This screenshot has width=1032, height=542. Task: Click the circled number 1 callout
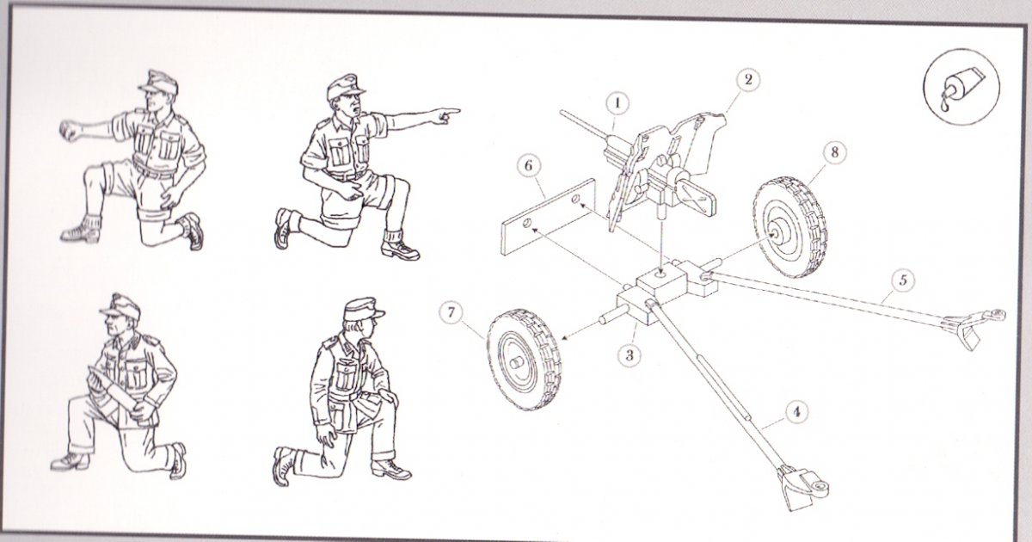pos(617,104)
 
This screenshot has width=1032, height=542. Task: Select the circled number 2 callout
pos(747,80)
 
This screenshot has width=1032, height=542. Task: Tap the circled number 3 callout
pos(630,354)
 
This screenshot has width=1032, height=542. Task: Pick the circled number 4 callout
pos(796,411)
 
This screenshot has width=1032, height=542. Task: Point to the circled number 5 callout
pos(902,280)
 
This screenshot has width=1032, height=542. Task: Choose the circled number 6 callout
pos(528,165)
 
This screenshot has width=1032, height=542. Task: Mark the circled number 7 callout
pos(451,313)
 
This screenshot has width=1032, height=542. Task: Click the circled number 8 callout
pos(834,152)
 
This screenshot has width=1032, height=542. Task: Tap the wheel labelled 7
pos(525,360)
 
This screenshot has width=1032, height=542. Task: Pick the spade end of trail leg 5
pos(972,327)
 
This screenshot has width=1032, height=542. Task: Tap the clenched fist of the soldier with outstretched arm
pos(71,130)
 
